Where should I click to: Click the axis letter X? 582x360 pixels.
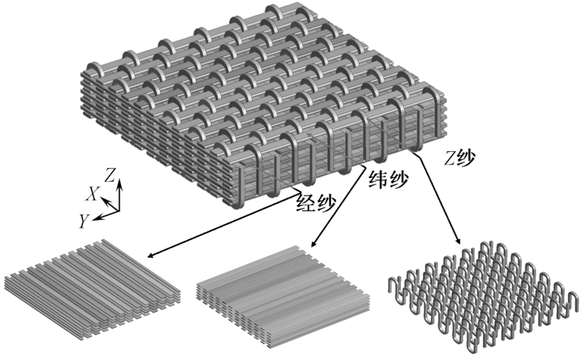click(x=93, y=193)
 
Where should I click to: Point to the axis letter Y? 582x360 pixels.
click(x=84, y=220)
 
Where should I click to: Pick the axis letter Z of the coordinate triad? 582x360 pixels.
click(x=109, y=175)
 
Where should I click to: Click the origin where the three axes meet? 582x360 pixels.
click(x=117, y=207)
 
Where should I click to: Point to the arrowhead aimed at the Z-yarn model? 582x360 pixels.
click(x=459, y=242)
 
